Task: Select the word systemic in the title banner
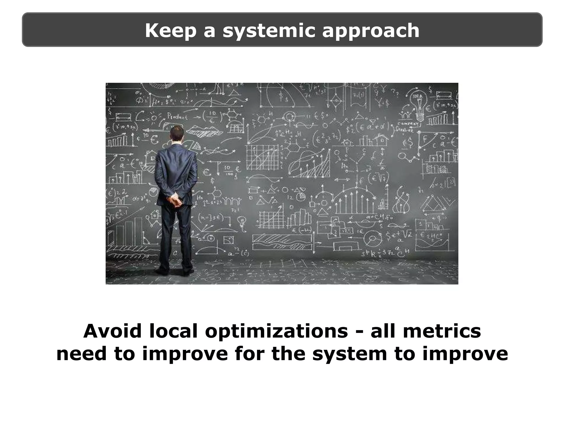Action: [269, 31]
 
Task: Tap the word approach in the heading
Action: [370, 31]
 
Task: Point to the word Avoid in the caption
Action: [112, 331]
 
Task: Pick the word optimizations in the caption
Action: [276, 332]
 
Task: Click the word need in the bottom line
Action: [81, 354]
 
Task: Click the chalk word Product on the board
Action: [178, 116]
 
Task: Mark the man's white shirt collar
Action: [176, 143]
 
